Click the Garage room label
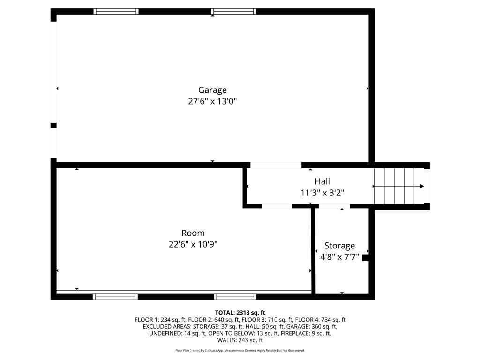point(212,90)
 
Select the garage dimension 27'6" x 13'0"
point(212,101)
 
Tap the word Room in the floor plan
point(193,233)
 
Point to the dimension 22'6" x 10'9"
point(193,244)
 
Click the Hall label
point(322,181)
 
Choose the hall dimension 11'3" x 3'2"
point(322,193)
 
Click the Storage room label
point(339,246)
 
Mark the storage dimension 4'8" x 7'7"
point(339,257)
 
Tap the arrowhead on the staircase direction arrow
point(422,186)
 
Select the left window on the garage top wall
point(116,11)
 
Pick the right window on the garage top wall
point(233,11)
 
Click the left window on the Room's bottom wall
point(115,296)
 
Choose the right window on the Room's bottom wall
point(235,296)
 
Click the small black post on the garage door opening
point(53,125)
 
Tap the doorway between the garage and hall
point(276,165)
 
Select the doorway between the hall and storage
point(334,206)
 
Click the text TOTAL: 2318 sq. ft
point(240,313)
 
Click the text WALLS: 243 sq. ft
point(240,340)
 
